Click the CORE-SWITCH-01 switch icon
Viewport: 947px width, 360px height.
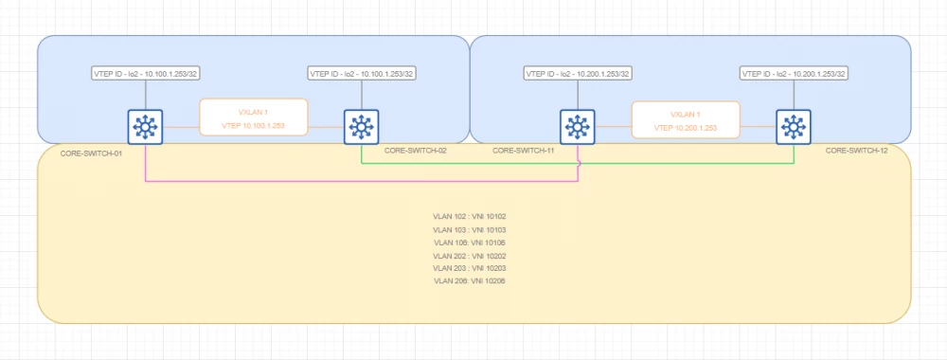145,126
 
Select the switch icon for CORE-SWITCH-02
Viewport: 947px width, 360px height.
362,126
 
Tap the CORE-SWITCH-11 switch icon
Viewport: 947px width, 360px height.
578,126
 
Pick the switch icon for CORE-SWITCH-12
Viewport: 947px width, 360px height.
794,126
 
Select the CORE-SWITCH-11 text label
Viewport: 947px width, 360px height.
524,151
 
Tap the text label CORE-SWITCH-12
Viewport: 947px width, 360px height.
856,151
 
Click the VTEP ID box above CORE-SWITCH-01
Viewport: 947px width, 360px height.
145,73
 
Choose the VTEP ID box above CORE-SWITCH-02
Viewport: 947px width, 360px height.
362,73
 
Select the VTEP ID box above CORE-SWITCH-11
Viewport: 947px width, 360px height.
578,73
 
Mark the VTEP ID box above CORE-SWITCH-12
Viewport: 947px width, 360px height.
794,73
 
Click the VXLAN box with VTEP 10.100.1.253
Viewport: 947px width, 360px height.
253,117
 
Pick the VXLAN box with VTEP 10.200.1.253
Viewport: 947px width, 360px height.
686,119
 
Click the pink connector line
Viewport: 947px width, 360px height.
360,180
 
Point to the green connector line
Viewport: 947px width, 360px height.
473,162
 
